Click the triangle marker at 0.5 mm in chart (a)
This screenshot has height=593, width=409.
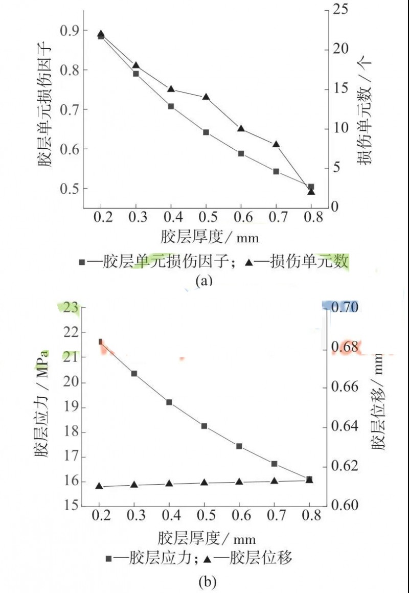tap(206, 96)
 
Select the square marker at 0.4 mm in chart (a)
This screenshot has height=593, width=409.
tap(171, 106)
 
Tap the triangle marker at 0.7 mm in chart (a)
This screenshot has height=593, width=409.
tap(276, 144)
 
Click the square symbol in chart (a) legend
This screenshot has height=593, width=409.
tap(81, 262)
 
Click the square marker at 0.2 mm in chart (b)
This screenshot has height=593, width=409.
tap(101, 341)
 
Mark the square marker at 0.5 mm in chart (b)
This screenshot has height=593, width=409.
tap(204, 426)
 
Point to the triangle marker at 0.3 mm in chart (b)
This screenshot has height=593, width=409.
tap(134, 484)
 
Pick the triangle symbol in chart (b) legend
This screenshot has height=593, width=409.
tap(210, 559)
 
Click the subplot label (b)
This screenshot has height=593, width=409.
tap(205, 581)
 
